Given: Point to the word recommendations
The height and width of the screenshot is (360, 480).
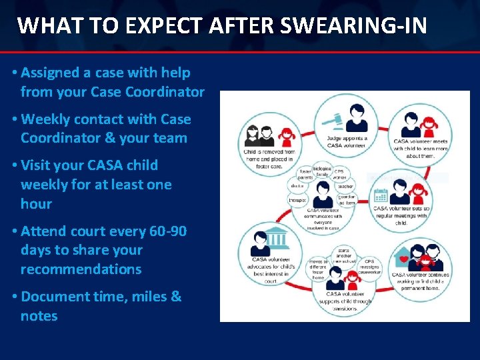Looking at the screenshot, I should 81,269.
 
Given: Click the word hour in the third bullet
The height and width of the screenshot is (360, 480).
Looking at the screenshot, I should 36,203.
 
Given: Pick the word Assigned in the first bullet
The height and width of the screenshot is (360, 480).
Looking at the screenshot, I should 51,73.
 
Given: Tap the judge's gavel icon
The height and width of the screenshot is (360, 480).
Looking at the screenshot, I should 331,122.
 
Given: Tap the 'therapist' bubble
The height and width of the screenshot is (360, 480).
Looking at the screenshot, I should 299,200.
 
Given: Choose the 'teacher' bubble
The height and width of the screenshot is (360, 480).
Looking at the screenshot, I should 345,187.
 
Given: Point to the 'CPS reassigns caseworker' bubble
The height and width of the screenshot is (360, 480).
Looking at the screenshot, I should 369,266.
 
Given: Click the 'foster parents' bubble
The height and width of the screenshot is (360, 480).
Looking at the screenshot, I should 305,174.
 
